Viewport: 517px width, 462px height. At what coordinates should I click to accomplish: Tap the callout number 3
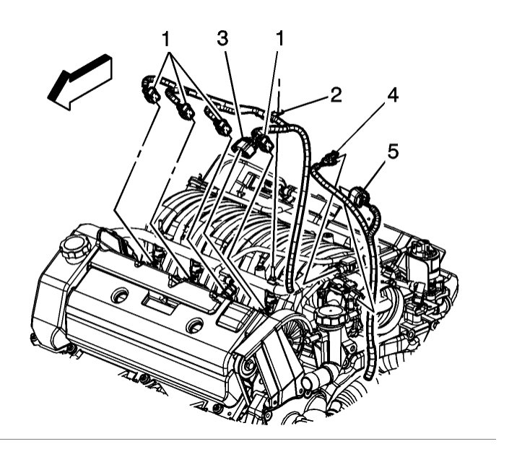coord(222,38)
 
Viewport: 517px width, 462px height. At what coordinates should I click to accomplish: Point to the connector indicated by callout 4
coord(332,157)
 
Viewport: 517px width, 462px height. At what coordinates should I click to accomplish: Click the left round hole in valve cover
coord(121,295)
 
